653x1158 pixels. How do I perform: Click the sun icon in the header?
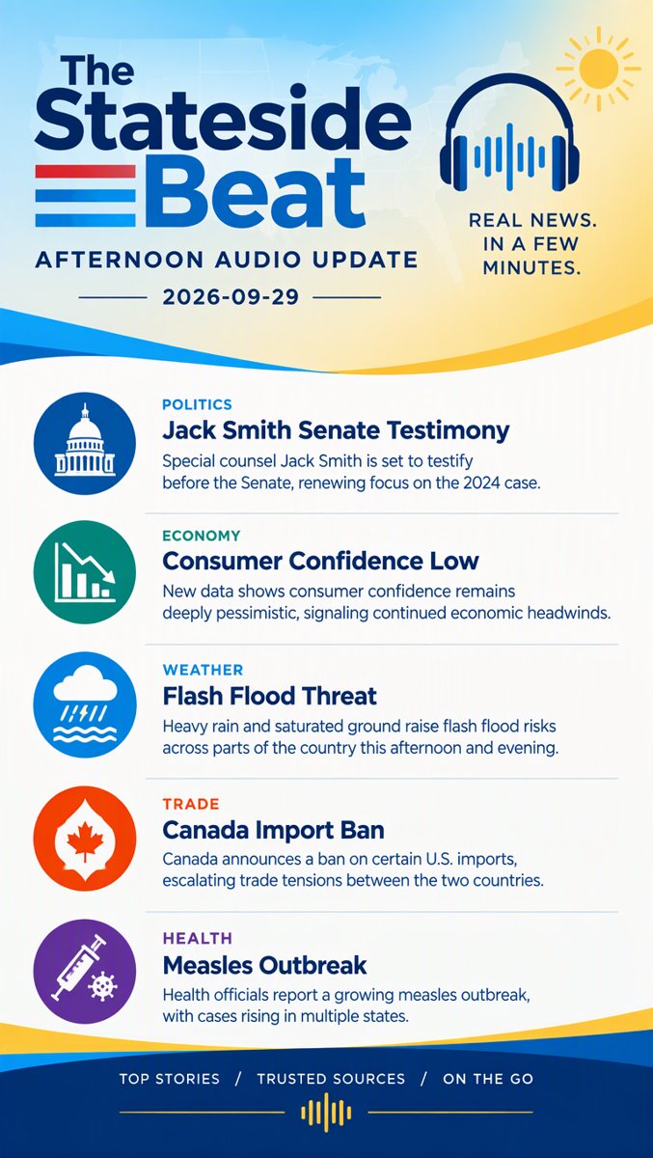599,69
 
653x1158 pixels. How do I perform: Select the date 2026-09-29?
231,297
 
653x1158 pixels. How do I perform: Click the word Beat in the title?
255,193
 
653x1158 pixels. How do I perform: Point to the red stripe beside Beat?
85,172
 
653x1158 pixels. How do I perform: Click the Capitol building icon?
85,443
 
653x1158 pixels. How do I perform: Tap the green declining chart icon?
85,572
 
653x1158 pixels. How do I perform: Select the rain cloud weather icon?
85,704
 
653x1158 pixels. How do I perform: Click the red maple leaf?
85,839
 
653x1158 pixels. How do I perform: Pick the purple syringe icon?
85,971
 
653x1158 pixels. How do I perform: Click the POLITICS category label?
198,404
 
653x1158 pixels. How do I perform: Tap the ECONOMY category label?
202,536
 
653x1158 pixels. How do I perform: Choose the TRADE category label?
191,804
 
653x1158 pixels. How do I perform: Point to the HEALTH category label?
198,938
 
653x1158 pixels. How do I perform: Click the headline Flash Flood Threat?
270,696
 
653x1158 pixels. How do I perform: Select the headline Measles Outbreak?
264,965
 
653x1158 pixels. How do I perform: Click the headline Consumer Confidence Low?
321,562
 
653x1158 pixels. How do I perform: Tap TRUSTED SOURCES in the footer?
331,1079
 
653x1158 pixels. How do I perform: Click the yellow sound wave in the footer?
326,1112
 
